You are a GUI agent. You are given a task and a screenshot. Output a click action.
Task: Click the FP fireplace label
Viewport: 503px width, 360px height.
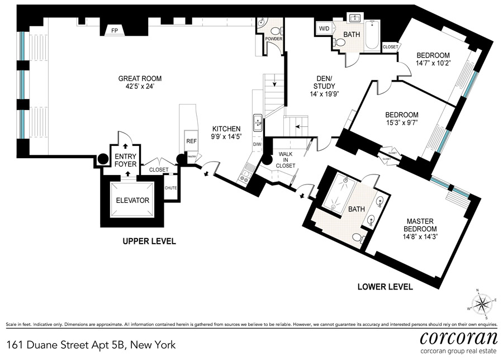pyautogui.click(x=115, y=31)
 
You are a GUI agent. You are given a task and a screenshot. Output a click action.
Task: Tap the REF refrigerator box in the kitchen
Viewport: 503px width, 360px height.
pyautogui.click(x=192, y=141)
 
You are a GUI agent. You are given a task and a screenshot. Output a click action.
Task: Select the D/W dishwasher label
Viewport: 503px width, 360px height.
pyautogui.click(x=258, y=144)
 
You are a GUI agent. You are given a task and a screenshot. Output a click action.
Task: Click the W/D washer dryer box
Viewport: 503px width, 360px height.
pyautogui.click(x=324, y=29)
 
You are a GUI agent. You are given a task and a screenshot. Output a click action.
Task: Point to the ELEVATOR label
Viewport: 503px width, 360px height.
pyautogui.click(x=132, y=201)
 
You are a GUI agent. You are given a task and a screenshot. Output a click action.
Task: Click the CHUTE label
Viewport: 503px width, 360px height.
pyautogui.click(x=170, y=188)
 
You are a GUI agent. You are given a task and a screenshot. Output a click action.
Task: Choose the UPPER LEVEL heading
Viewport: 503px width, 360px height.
pyautogui.click(x=149, y=241)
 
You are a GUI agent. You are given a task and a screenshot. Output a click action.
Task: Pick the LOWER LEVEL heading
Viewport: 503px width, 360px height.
pyautogui.click(x=385, y=287)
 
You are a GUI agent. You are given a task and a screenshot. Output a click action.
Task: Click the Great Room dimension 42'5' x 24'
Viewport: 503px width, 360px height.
pyautogui.click(x=140, y=86)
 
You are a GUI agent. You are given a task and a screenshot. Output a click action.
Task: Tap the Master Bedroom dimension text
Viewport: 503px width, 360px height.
pyautogui.click(x=420, y=237)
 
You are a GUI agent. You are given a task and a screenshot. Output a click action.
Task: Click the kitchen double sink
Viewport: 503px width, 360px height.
pyautogui.click(x=258, y=122)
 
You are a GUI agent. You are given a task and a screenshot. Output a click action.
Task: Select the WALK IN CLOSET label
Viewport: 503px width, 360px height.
pyautogui.click(x=286, y=160)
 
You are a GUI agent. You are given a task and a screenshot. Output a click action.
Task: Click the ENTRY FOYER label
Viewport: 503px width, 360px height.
pyautogui.click(x=125, y=160)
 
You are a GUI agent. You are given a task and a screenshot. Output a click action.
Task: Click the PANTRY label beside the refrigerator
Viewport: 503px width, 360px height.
pyautogui.click(x=192, y=157)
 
